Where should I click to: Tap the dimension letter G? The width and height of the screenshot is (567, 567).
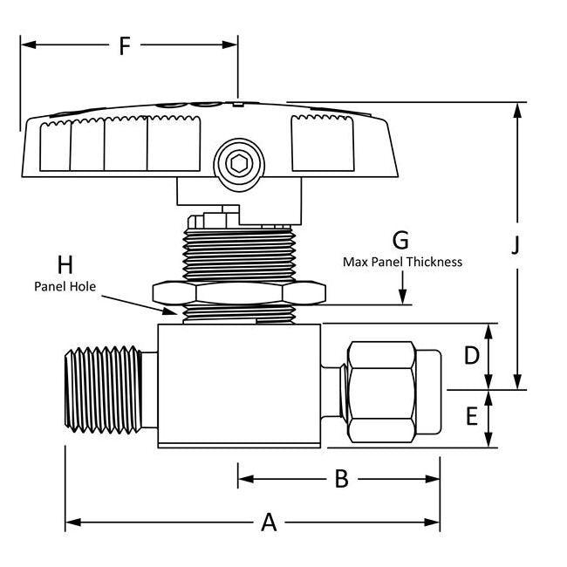[400, 240]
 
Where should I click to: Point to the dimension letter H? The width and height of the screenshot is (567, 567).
[65, 264]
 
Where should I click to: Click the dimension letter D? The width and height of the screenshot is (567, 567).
[472, 356]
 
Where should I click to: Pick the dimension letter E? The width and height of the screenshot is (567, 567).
[472, 417]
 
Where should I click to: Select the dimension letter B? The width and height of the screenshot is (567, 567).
[342, 478]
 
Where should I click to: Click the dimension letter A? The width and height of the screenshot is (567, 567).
[270, 523]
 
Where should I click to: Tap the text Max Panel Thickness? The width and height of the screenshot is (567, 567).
[402, 262]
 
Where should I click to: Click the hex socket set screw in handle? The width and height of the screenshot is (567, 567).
[236, 163]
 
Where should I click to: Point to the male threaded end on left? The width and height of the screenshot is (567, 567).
[105, 388]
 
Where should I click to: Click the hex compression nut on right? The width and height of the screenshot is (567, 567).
[380, 390]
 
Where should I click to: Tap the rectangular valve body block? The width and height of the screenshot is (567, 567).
[240, 384]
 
